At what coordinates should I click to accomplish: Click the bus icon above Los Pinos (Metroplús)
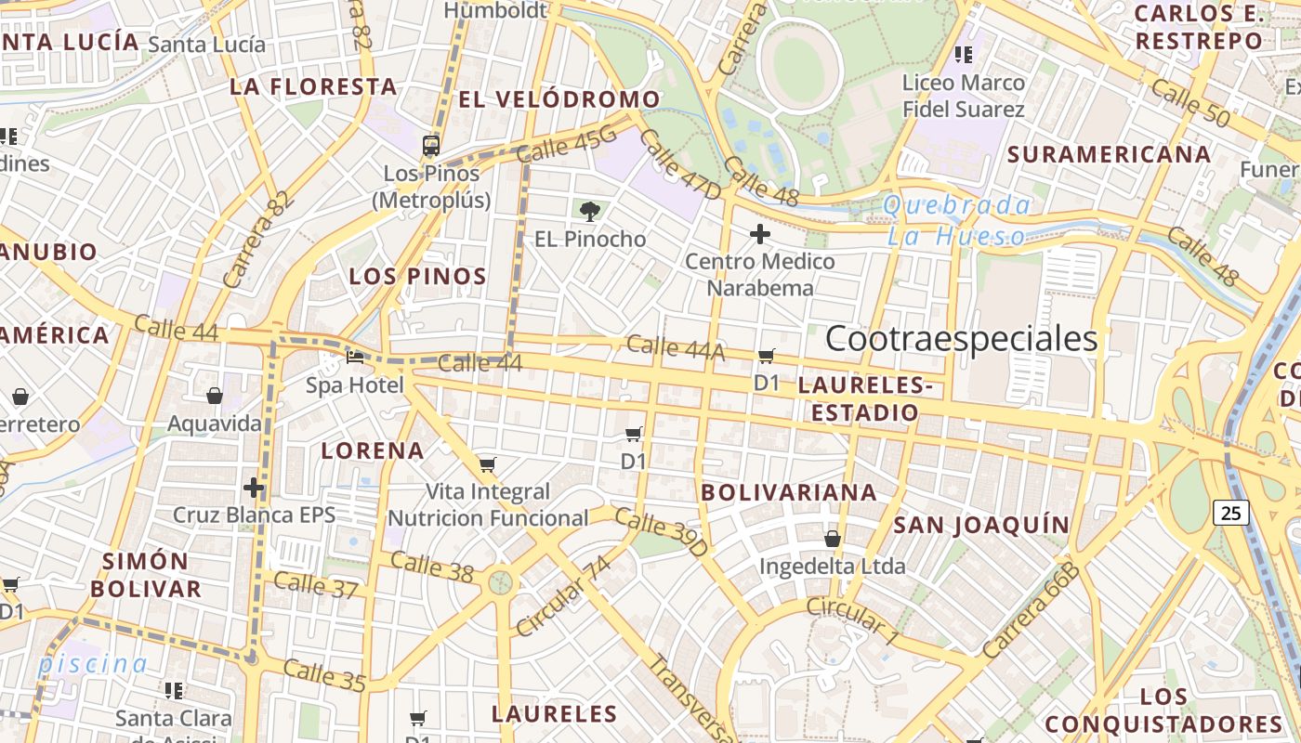(x=431, y=145)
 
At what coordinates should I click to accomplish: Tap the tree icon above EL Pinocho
(x=588, y=211)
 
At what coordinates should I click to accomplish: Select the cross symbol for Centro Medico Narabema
(x=760, y=234)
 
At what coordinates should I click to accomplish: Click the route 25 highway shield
(x=1230, y=512)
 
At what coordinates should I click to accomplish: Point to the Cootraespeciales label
(x=961, y=339)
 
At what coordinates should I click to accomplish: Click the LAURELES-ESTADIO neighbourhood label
(x=865, y=398)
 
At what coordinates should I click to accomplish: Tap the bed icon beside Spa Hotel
(x=355, y=357)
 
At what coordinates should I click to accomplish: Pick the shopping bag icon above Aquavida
(x=215, y=396)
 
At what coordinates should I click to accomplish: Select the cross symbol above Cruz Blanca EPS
(x=254, y=487)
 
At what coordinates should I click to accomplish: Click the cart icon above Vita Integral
(x=488, y=464)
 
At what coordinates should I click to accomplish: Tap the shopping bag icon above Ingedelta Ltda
(x=833, y=539)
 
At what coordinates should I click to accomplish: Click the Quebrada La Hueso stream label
(x=957, y=220)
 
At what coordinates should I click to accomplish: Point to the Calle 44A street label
(x=675, y=348)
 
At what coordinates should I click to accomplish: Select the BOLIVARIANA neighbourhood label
(x=789, y=492)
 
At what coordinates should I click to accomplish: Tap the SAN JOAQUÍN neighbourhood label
(x=982, y=525)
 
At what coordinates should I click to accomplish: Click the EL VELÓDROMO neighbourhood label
(x=559, y=99)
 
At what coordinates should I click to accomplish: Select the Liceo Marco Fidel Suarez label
(x=964, y=96)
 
